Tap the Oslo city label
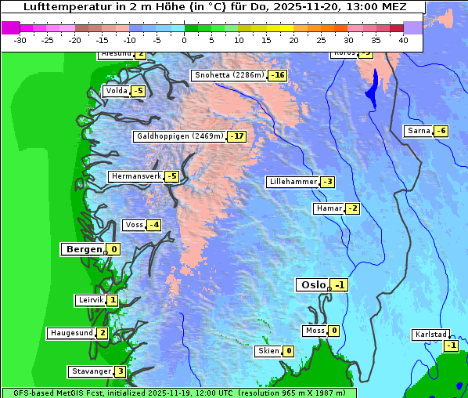tap(312, 285)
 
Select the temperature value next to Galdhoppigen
tap(237, 136)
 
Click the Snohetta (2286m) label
tap(229, 75)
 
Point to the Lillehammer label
tap(293, 182)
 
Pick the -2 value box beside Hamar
tap(352, 208)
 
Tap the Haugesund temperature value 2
tap(102, 333)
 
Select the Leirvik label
tap(91, 300)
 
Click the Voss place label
tap(134, 225)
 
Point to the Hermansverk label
tap(135, 176)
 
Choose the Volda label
tap(116, 91)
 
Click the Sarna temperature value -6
tap(441, 131)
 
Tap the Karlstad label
tap(430, 335)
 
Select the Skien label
tap(268, 351)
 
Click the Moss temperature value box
tap(333, 331)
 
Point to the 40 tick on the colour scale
tap(403, 40)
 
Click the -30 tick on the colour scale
tap(20, 40)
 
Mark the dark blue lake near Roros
tap(372, 88)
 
